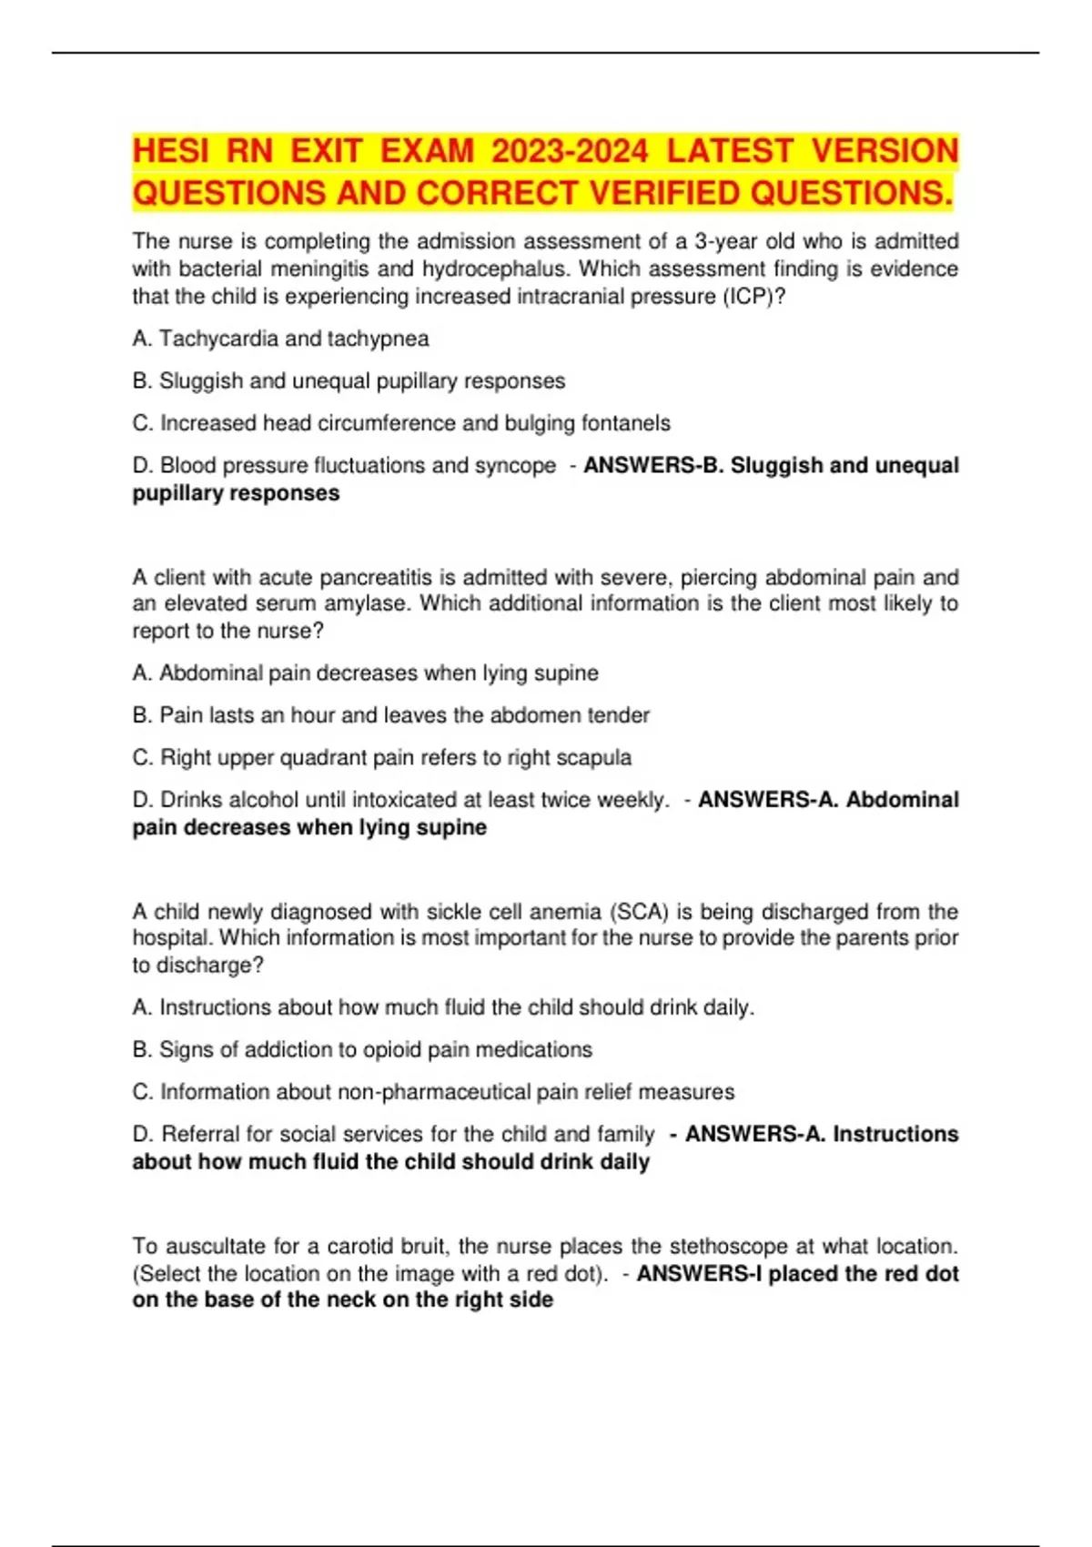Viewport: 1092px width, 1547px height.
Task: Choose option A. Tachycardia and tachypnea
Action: (x=280, y=339)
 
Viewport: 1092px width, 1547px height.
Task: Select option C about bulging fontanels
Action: (x=401, y=423)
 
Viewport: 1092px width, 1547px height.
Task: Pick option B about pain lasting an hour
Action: (x=391, y=715)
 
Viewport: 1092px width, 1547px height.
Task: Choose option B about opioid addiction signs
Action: (x=362, y=1049)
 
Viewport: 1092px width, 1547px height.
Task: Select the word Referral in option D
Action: (x=201, y=1134)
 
